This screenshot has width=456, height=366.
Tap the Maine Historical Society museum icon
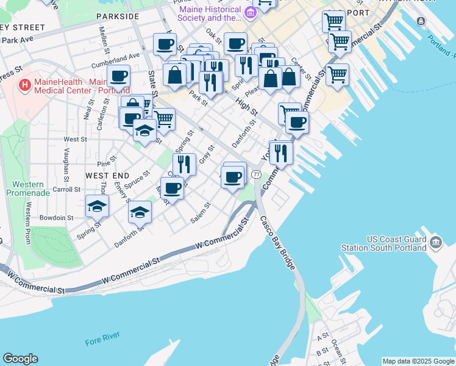[x=249, y=13]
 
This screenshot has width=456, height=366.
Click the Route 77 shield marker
[x=256, y=174]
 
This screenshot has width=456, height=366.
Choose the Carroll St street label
[x=66, y=190]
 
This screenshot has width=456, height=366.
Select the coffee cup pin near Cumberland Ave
[x=119, y=76]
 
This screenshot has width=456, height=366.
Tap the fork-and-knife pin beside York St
[x=281, y=152]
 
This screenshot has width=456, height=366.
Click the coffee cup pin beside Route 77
[x=232, y=177]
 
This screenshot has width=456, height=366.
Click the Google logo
[x=20, y=359]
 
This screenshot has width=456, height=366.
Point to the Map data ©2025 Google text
[x=418, y=361]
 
